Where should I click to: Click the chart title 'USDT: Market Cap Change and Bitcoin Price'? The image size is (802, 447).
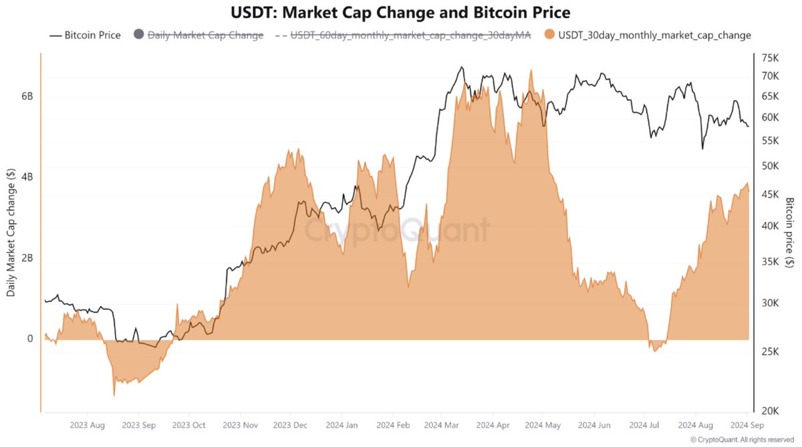point(400,13)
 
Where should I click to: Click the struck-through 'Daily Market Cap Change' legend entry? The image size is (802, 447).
point(205,35)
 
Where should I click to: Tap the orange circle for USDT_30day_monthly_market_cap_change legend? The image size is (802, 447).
point(549,35)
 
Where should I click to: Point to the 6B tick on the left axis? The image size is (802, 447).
point(27,96)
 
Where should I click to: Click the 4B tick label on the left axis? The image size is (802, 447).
point(27,177)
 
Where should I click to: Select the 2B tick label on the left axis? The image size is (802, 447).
point(27,259)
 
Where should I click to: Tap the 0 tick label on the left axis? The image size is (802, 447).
point(29,339)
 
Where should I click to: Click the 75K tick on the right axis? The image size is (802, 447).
point(770,57)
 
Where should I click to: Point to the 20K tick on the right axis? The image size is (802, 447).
point(770,412)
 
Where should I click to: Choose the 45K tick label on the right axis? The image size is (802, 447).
point(770,194)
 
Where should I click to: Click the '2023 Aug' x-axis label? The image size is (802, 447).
point(88,425)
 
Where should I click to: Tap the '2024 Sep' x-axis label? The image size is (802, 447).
point(747,425)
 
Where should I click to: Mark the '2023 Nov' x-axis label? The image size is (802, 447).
point(240,425)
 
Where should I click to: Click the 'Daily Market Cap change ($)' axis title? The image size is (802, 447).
point(11,232)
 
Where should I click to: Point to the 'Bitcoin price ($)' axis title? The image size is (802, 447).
point(790,232)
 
